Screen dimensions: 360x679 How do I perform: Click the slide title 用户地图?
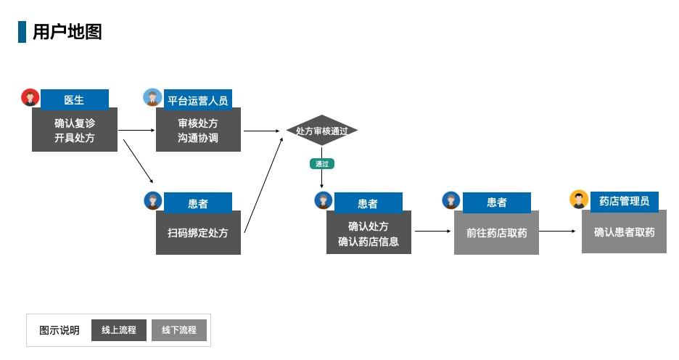click(67, 32)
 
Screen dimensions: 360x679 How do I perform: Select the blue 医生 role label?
click(74, 99)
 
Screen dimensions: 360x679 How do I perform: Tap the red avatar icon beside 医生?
click(30, 97)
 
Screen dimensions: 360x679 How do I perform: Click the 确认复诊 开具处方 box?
click(74, 130)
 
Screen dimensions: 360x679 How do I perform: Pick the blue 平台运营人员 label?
click(197, 100)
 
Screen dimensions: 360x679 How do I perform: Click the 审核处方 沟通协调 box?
click(198, 130)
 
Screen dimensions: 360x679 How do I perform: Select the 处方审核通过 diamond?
click(321, 131)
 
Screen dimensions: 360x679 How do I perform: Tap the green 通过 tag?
click(321, 164)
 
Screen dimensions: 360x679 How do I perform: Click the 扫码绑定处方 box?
click(198, 232)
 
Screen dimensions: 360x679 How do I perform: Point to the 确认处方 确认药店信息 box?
click(369, 233)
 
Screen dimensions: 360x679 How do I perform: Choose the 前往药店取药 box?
click(496, 233)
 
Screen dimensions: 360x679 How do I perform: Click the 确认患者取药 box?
click(624, 232)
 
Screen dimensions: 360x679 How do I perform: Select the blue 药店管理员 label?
click(624, 201)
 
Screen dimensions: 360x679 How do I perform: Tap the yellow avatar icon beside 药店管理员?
click(579, 199)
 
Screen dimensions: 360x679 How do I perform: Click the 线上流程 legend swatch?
click(119, 330)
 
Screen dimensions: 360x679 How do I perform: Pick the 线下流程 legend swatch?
click(179, 330)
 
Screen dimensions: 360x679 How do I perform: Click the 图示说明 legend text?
click(59, 330)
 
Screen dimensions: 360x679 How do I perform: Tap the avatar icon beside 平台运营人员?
click(152, 97)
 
